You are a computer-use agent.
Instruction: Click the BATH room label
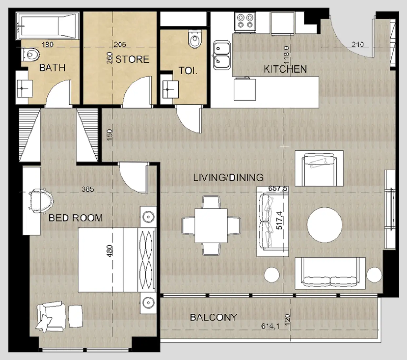point(52,68)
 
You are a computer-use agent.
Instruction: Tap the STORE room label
point(132,59)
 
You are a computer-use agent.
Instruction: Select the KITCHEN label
point(285,69)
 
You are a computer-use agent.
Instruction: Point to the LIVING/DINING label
point(228,177)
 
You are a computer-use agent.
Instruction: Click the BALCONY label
point(213,317)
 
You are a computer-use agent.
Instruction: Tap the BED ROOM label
point(75,218)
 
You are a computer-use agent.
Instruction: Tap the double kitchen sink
point(222,55)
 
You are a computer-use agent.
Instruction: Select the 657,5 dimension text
point(278,189)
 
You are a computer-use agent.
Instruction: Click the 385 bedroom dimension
point(88,189)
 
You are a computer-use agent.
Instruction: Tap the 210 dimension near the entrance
point(358,44)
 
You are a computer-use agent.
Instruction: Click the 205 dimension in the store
point(120,44)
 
